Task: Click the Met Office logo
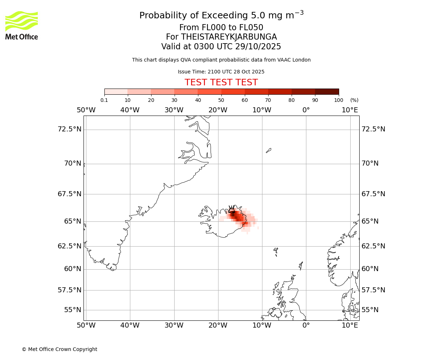click(x=22, y=25)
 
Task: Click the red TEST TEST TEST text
click(x=221, y=82)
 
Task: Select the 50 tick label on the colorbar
click(x=221, y=100)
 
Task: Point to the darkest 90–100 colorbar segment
click(x=327, y=91)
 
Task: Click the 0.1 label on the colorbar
click(x=104, y=100)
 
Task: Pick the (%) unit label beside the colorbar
click(x=354, y=100)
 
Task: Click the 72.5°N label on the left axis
click(x=69, y=129)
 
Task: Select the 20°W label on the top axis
click(x=218, y=110)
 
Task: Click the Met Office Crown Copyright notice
click(x=59, y=349)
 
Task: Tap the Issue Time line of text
click(x=221, y=72)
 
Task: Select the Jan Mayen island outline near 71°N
click(x=269, y=150)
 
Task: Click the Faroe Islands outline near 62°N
click(x=276, y=251)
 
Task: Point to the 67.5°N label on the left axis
click(x=69, y=194)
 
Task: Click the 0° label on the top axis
click(x=306, y=110)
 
